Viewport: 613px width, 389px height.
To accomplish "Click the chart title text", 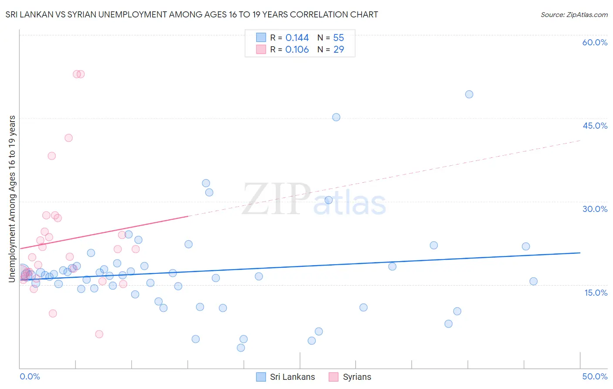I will [x=192, y=14].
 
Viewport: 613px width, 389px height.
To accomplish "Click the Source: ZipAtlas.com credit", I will [x=574, y=14].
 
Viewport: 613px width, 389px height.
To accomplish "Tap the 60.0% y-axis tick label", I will [x=595, y=42].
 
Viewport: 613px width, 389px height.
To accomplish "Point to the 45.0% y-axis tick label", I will [x=595, y=126].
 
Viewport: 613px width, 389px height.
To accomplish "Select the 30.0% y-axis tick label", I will [x=595, y=209].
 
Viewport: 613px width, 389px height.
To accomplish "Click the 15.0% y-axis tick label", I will [x=596, y=293].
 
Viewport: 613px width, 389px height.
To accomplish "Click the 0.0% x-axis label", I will [x=30, y=376].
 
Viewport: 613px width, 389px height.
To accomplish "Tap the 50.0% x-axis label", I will [x=595, y=376].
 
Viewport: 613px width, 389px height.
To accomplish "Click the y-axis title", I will [x=12, y=199].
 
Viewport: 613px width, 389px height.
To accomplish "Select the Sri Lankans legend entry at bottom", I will [x=286, y=377].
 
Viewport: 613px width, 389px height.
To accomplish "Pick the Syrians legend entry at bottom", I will [x=351, y=377].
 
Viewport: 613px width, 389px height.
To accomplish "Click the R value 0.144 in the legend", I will [x=297, y=38].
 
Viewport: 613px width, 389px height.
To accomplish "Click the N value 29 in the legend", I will [x=339, y=50].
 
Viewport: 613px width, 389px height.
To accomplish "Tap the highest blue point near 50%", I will [x=469, y=94].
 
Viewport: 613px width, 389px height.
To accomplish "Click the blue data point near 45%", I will [x=336, y=117].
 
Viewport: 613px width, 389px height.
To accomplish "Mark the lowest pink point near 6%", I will [x=99, y=334].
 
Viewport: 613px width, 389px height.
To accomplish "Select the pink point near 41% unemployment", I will [x=68, y=138].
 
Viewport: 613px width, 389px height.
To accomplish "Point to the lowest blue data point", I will [x=241, y=348].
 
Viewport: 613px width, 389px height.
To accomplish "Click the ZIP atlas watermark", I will [x=314, y=199].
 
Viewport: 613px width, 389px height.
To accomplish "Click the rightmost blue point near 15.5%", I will [x=533, y=281].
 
